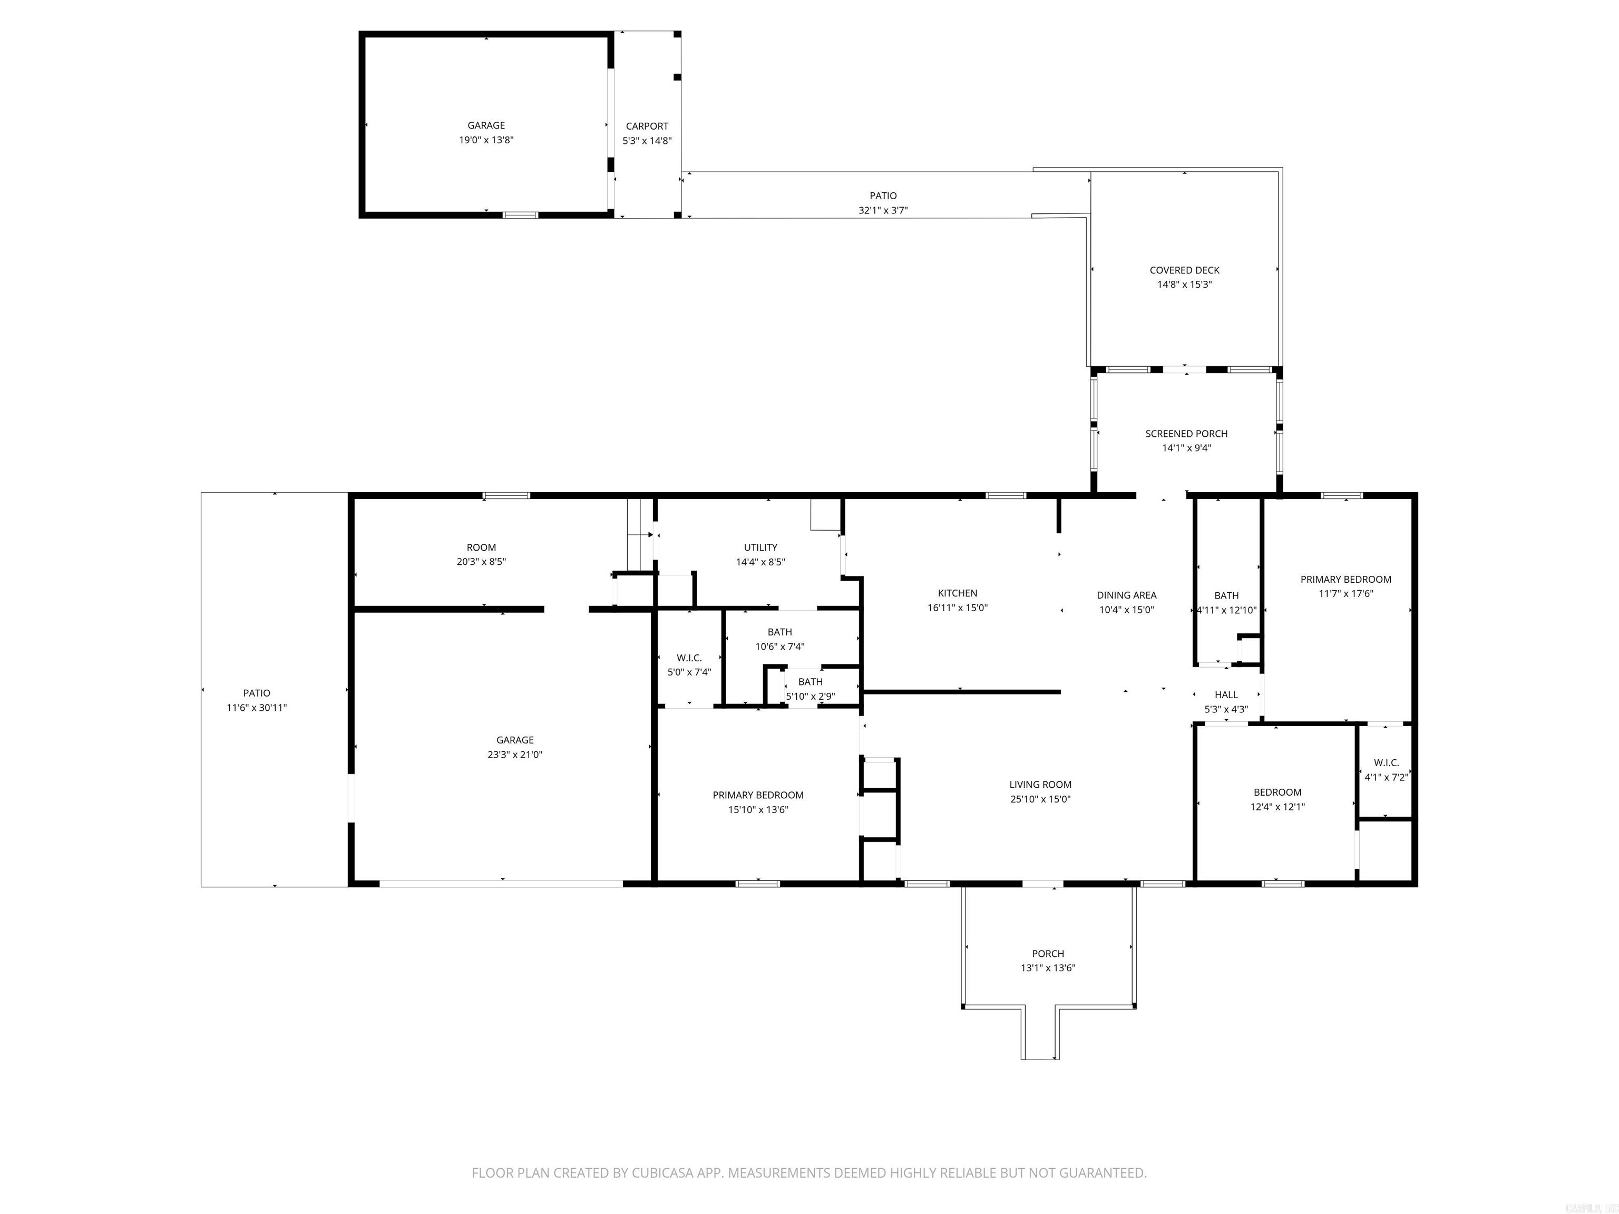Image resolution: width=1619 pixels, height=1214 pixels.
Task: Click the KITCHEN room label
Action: click(x=958, y=593)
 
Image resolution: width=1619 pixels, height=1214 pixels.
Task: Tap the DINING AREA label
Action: click(x=1126, y=595)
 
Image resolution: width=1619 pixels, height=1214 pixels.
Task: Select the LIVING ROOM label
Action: click(x=1040, y=785)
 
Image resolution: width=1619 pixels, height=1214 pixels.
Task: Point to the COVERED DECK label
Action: click(x=1184, y=270)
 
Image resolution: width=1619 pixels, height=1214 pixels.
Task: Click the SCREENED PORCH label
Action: click(x=1186, y=433)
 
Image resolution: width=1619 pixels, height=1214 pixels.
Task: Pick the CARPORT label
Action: click(x=647, y=126)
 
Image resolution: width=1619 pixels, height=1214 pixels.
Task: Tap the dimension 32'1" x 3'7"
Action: click(x=883, y=211)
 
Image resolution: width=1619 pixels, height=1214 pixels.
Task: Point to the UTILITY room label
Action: click(x=760, y=547)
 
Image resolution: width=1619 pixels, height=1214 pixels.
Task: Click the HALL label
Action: click(x=1226, y=694)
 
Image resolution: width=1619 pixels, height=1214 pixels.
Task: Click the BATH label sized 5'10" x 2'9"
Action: click(x=810, y=681)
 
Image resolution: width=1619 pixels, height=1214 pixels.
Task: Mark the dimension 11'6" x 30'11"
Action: click(x=256, y=708)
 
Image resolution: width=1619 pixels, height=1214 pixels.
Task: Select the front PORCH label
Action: click(x=1047, y=954)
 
